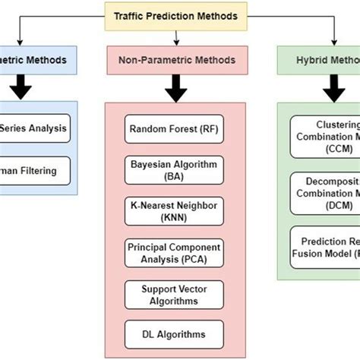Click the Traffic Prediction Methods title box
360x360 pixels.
point(175,15)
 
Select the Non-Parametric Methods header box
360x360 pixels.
point(175,59)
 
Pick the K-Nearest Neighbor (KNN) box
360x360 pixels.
point(175,209)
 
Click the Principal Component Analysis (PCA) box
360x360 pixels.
point(175,251)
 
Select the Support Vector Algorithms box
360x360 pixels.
point(175,294)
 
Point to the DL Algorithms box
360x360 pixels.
point(175,333)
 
